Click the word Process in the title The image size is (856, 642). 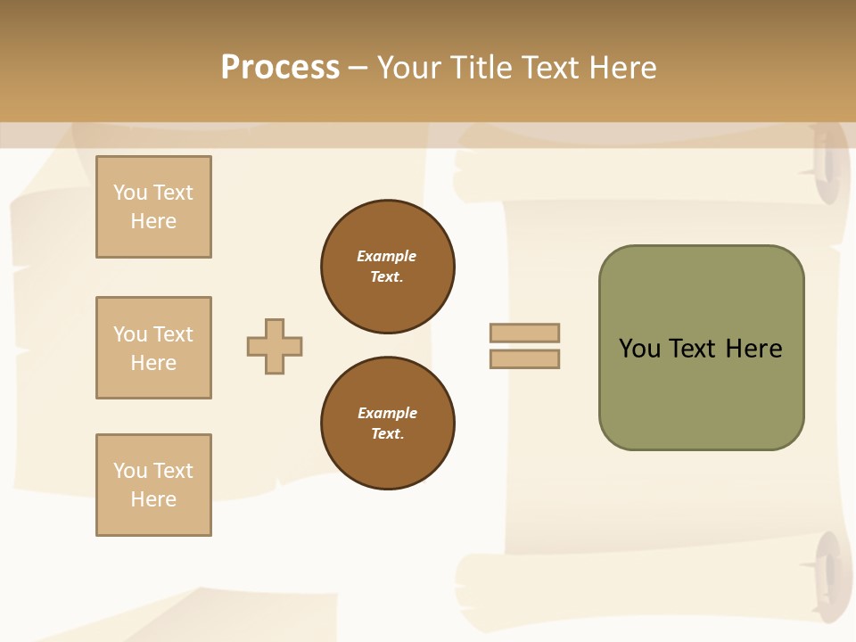280,68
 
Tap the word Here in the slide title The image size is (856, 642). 621,68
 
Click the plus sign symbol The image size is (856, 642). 275,346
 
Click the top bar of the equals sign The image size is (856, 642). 524,333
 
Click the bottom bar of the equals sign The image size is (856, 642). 524,359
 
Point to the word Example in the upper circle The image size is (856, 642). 387,256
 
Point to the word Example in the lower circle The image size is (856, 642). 387,413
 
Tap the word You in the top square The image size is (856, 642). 129,193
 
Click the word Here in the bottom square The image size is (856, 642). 153,499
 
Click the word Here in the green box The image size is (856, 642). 753,349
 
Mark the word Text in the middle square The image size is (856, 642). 172,334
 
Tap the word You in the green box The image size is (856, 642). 639,349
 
